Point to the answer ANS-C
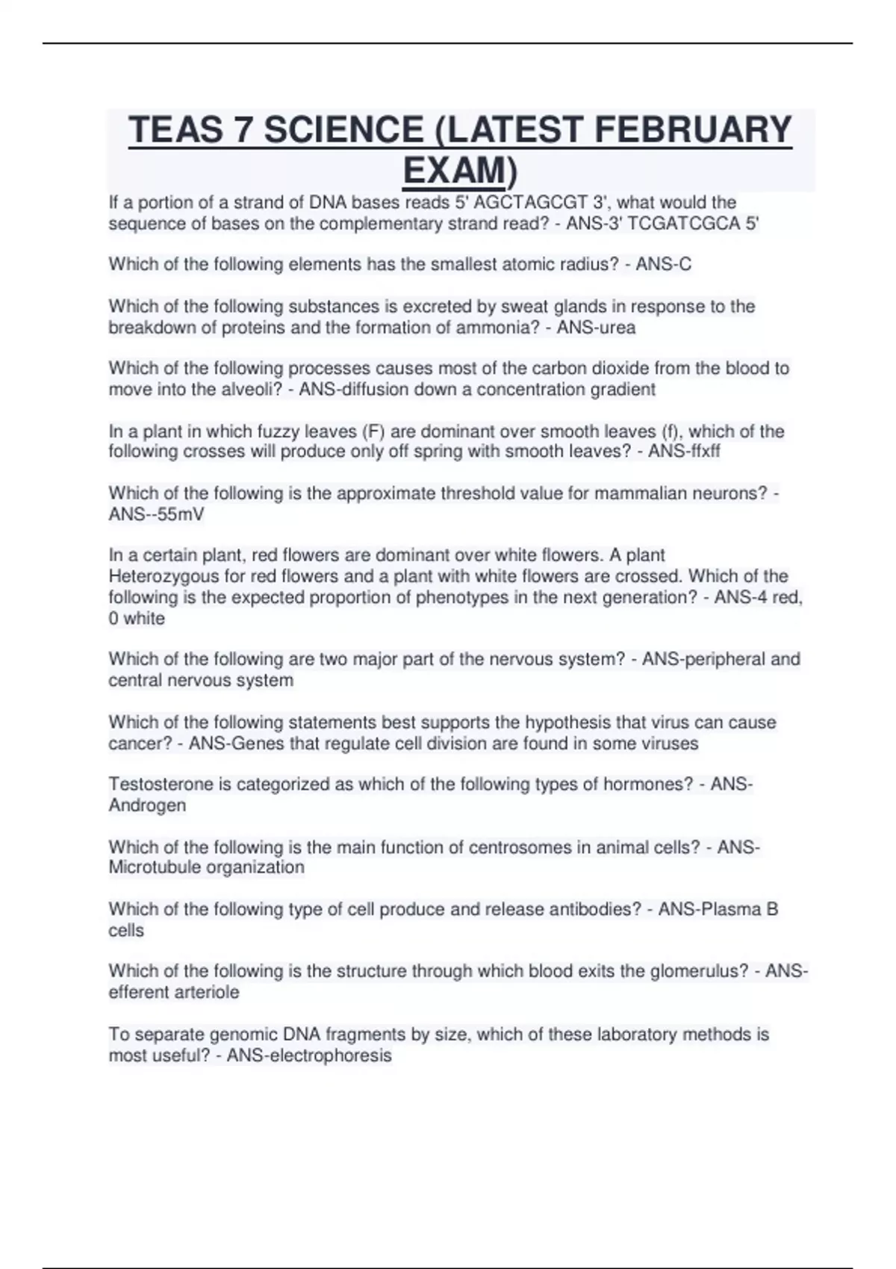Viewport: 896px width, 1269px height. tap(663, 265)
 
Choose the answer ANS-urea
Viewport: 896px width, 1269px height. tap(596, 328)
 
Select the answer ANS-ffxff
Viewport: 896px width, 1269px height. tap(684, 452)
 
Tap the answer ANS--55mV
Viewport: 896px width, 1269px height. tap(156, 514)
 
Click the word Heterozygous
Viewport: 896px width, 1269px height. tap(164, 576)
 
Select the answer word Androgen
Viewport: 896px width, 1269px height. tap(147, 805)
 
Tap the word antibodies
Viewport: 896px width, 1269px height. tap(595, 909)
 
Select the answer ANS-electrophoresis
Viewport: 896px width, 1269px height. tap(309, 1056)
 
